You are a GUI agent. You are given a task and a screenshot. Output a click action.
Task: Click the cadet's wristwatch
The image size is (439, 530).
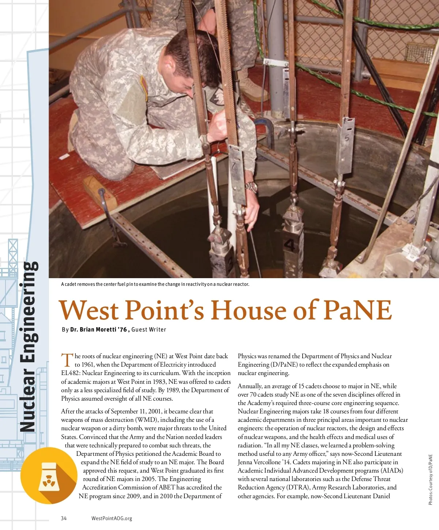coord(251,187)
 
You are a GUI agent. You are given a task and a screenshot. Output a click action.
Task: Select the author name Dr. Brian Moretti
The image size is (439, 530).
coord(98,329)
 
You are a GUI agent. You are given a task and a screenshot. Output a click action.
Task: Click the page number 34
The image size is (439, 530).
coord(64,518)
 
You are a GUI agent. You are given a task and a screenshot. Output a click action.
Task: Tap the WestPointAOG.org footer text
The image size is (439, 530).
coord(112,518)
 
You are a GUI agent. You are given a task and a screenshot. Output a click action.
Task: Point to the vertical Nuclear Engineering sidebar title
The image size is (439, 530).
coord(29,345)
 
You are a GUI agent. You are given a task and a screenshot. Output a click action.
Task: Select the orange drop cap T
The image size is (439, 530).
coord(67,360)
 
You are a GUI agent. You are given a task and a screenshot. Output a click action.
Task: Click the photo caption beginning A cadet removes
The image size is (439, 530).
coord(155,284)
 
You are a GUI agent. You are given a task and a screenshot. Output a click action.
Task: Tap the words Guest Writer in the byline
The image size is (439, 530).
coord(149,329)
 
